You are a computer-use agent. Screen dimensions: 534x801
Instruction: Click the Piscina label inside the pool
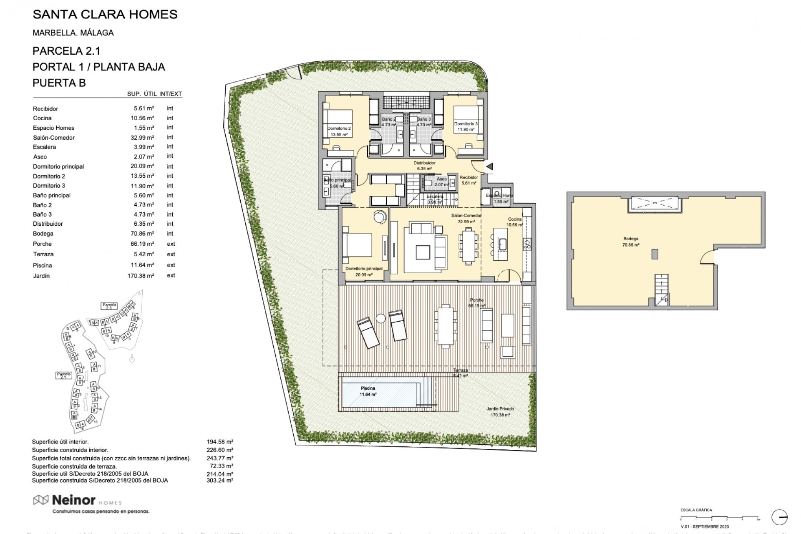(x=368, y=388)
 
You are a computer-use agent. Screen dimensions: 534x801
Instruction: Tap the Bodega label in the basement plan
(x=630, y=239)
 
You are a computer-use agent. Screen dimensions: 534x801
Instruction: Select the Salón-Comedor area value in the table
(x=142, y=137)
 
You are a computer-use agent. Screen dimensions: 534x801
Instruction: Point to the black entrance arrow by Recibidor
(x=490, y=166)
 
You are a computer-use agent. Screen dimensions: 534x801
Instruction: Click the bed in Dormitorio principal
(x=357, y=245)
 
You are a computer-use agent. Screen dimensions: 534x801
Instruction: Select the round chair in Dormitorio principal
(x=380, y=217)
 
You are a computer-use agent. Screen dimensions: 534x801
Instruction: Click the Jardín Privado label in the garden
(x=500, y=409)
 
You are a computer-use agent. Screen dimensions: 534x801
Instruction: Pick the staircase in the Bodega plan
(x=661, y=290)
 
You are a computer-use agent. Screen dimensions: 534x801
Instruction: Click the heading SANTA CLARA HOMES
(x=105, y=15)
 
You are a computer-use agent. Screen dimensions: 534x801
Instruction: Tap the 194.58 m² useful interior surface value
(x=220, y=442)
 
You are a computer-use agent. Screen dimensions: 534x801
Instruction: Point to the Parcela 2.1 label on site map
(x=64, y=375)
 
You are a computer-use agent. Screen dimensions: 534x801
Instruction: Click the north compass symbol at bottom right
(x=779, y=517)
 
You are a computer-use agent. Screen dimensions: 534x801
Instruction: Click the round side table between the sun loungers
(x=381, y=319)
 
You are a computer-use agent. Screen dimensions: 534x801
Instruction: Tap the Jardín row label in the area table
(x=41, y=276)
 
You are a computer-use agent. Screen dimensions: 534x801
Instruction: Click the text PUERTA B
(x=59, y=83)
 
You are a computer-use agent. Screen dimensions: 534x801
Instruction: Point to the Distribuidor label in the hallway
(x=424, y=163)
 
